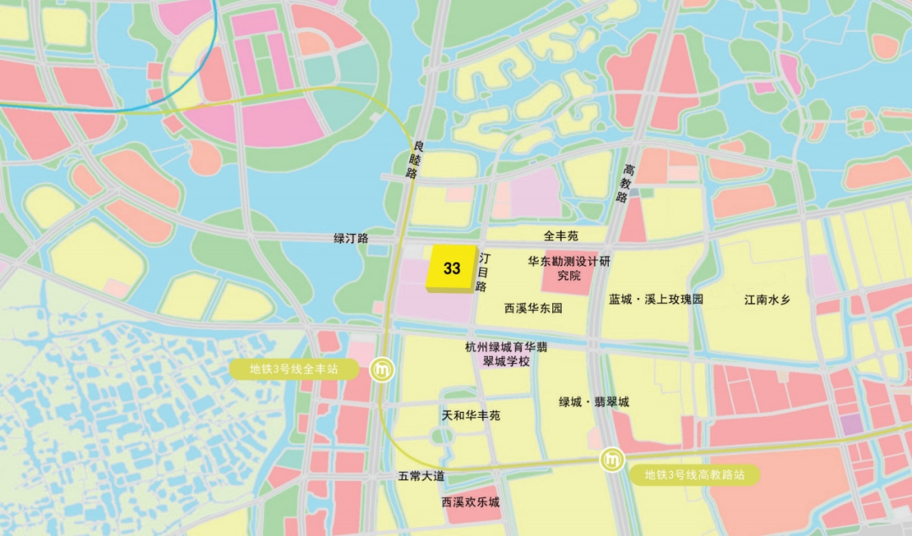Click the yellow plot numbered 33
tap(452, 268)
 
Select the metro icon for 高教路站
tap(612, 460)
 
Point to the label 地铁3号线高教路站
tap(694, 474)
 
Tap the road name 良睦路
tap(412, 160)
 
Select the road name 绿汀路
tap(351, 239)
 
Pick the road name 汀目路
tap(483, 270)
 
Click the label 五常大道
tap(421, 476)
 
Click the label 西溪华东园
tap(533, 308)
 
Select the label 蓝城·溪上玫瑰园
tap(655, 300)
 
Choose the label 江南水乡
tap(767, 300)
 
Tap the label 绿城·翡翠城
tap(594, 402)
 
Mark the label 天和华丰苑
tap(471, 415)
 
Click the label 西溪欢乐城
tap(470, 502)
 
